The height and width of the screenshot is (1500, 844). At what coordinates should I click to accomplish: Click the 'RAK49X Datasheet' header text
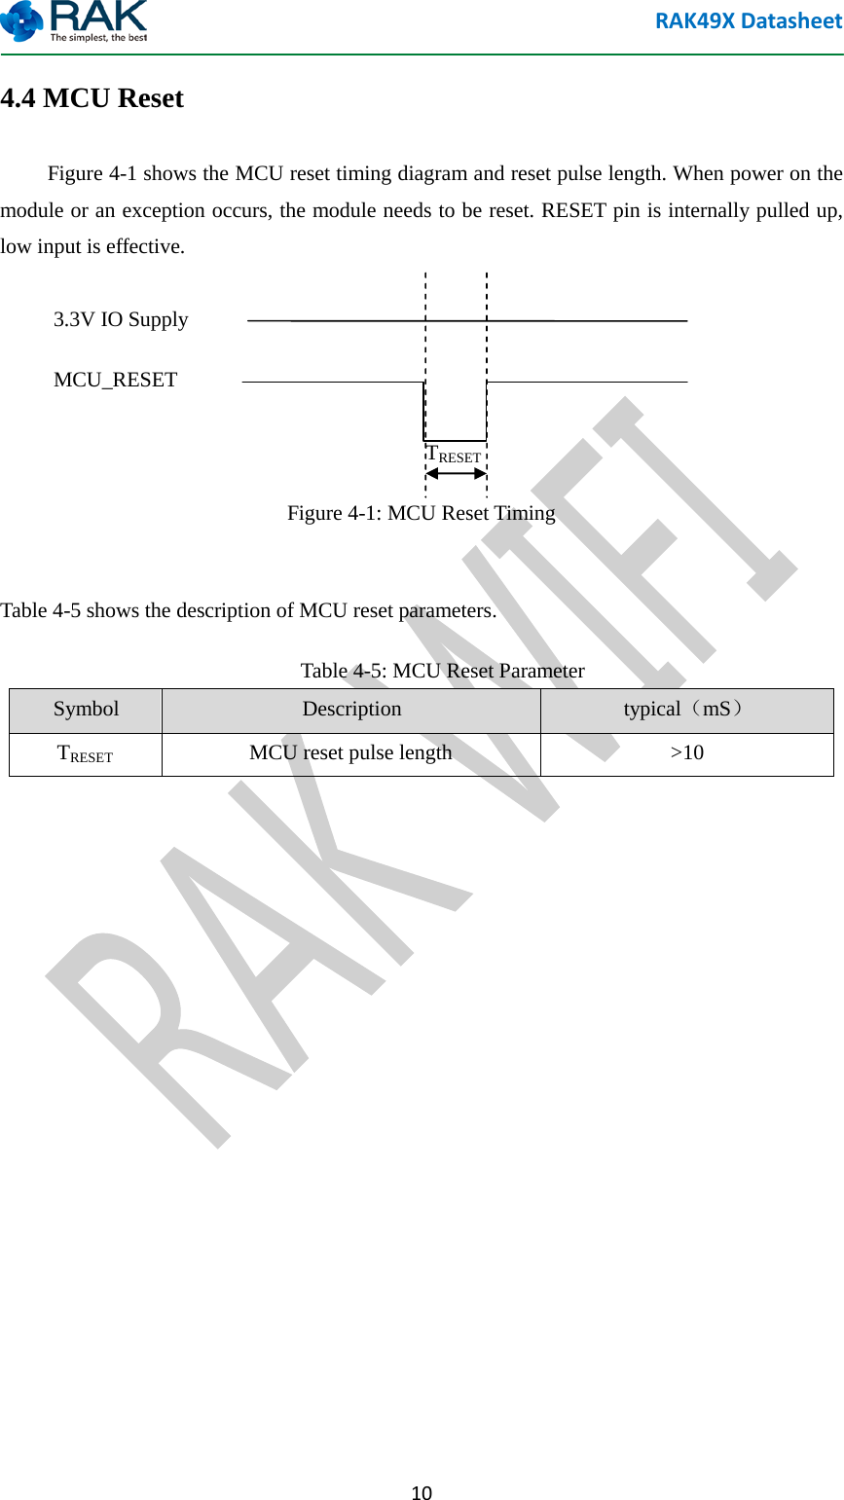(x=748, y=21)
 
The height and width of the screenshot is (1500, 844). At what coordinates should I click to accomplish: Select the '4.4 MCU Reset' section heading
(x=92, y=98)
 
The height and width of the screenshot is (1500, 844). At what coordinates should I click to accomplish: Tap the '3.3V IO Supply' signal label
(x=121, y=319)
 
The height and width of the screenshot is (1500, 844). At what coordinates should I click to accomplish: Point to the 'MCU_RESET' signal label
(x=115, y=380)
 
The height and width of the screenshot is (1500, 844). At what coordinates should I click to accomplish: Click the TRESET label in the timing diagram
(x=455, y=455)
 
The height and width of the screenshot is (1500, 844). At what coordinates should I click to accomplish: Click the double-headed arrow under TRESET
(x=456, y=474)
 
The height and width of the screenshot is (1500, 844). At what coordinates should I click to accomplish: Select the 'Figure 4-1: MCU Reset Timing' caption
(x=421, y=513)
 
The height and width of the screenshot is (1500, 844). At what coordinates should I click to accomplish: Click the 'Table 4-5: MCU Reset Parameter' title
(x=442, y=671)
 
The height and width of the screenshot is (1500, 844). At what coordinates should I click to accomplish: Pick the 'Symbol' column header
(x=86, y=710)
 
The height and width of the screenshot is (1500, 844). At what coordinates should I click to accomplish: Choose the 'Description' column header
(x=351, y=710)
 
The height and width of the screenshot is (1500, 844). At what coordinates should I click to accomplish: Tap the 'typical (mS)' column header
(x=686, y=710)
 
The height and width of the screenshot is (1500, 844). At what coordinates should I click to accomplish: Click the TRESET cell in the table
(x=86, y=753)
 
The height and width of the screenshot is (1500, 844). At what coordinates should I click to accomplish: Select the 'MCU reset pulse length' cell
(x=350, y=753)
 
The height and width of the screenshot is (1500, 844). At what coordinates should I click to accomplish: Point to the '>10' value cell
(x=686, y=753)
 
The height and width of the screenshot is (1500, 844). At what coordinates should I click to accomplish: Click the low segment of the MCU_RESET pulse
(x=455, y=440)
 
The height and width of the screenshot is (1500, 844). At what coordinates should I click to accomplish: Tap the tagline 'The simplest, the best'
(x=99, y=38)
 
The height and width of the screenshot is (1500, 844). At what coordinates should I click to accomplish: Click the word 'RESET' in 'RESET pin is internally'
(x=574, y=210)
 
